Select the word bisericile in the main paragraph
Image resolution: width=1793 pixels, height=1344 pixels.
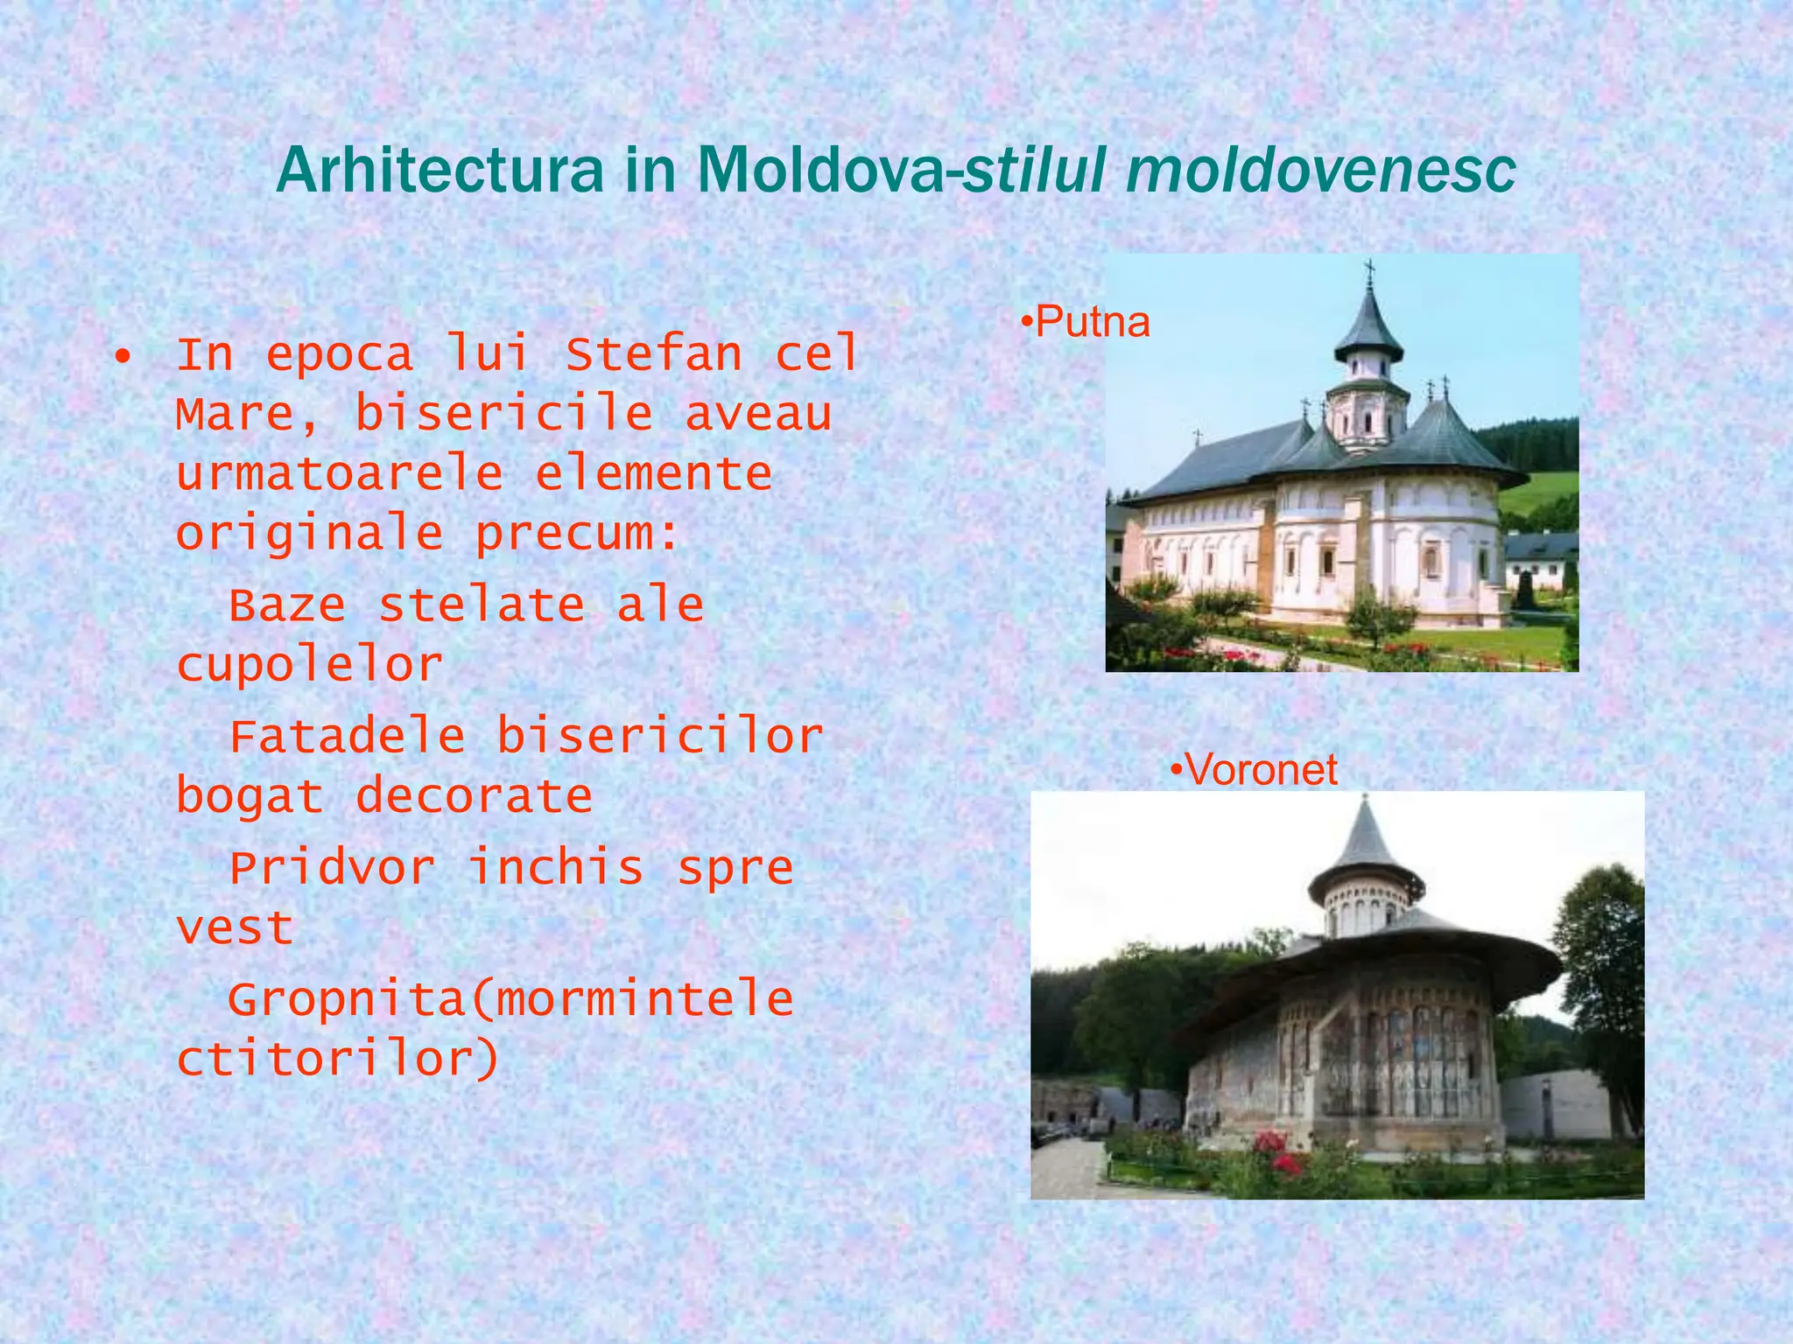tap(503, 414)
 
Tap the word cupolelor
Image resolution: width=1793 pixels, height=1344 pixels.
tap(309, 665)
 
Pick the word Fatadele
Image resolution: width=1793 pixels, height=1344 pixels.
tap(347, 736)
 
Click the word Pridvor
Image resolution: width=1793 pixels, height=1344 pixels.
tap(332, 868)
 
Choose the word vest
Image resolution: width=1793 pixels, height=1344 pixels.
tap(234, 928)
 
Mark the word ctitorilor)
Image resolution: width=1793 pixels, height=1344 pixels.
tap(338, 1060)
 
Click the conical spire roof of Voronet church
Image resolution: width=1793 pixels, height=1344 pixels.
tap(1365, 840)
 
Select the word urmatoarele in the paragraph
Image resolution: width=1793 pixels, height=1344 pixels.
tap(339, 473)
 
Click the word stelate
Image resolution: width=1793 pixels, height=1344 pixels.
tap(482, 605)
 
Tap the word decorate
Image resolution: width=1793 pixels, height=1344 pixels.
tap(474, 796)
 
